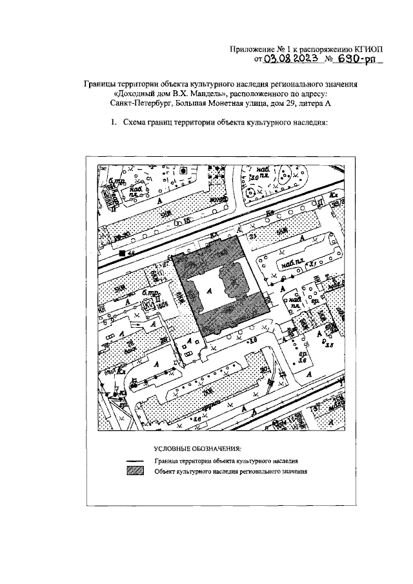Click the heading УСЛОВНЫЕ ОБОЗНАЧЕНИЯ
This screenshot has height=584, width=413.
(197, 448)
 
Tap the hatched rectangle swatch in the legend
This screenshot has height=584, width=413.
(135, 471)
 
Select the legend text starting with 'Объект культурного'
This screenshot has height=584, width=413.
(230, 472)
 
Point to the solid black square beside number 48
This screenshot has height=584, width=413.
(121, 254)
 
